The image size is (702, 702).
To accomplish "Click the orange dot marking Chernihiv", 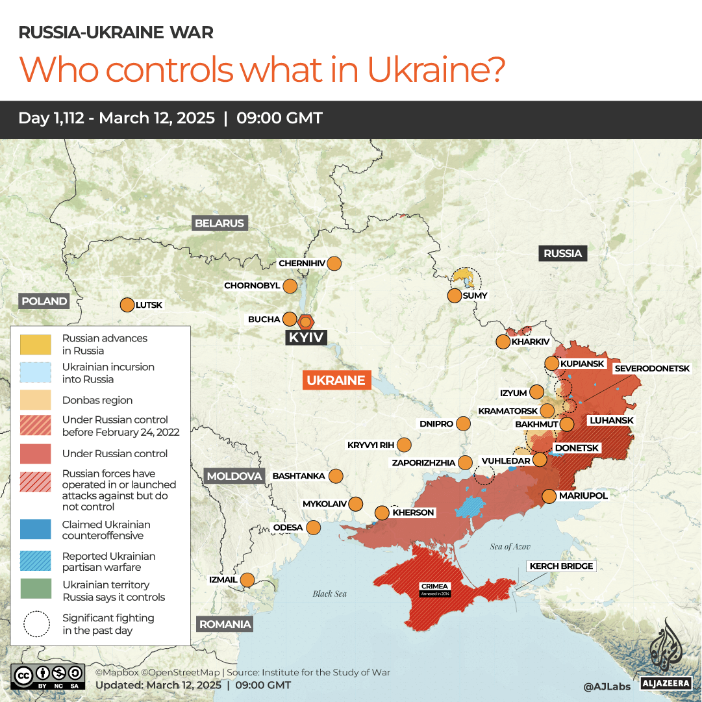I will coord(334,264).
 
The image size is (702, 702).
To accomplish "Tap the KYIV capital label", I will coord(307,338).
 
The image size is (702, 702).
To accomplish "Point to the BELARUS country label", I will coord(220,223).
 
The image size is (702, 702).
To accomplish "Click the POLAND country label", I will coord(44,301).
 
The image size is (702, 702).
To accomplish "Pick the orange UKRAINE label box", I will coord(336,381).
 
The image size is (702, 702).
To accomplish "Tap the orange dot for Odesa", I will coord(313,527).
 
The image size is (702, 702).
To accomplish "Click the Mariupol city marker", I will coord(549,496).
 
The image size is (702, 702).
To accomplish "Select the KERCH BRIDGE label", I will coord(561,566).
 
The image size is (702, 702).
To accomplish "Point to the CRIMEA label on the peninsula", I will coord(434,586).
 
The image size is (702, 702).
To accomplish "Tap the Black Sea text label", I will coord(330,594).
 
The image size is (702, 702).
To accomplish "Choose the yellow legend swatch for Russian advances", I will coord(36,344).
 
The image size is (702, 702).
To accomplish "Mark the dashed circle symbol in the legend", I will coord(36,624).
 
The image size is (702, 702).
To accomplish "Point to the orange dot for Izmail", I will coord(247,580).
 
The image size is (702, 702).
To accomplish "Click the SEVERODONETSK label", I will coord(652,368).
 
